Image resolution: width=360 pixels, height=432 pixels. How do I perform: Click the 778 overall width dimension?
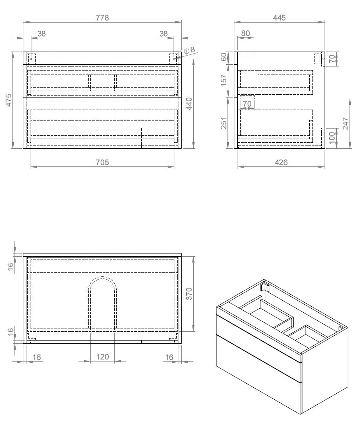pos(102,18)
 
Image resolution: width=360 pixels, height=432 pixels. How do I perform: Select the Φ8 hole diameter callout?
pos(189,50)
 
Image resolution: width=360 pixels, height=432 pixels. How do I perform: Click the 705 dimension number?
pos(102,162)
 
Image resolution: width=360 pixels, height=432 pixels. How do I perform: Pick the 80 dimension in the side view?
pos(245,33)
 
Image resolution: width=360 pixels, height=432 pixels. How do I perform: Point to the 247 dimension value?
pos(346,123)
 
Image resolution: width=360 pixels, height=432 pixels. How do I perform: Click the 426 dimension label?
pos(281,162)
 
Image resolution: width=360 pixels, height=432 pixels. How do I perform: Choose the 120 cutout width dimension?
pos(102,357)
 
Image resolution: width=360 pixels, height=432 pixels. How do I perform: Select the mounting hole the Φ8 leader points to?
pos(174,59)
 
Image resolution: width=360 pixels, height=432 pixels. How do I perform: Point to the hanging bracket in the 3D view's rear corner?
pos(265,287)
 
